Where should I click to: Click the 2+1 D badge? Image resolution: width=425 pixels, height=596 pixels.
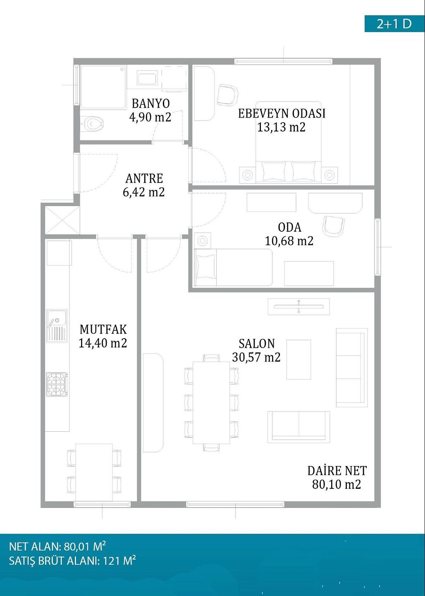click(394, 24)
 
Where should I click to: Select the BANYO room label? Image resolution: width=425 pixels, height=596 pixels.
click(151, 103)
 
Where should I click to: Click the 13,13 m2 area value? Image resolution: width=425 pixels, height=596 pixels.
click(281, 127)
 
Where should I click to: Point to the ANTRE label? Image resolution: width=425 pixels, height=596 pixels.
click(144, 178)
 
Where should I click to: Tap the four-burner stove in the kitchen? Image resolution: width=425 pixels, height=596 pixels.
click(57, 384)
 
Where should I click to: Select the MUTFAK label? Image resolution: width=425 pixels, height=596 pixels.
click(103, 329)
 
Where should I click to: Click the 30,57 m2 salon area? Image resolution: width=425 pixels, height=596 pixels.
click(256, 357)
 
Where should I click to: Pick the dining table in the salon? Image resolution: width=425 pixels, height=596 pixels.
click(211, 403)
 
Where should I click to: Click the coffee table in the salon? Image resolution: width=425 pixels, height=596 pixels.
click(298, 359)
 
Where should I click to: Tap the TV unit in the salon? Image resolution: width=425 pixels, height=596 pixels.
click(299, 307)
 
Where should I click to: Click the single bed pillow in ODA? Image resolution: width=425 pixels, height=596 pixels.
click(205, 267)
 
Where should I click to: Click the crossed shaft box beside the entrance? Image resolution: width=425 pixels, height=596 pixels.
click(62, 220)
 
